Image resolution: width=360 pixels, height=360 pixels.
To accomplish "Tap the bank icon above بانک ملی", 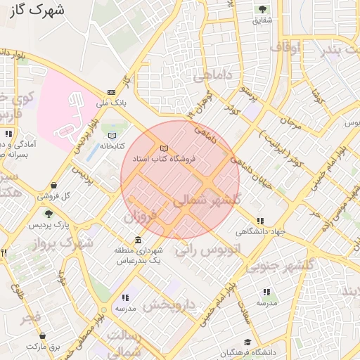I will click(x=112, y=92).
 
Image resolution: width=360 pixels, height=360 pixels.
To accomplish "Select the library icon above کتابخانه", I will click(x=112, y=135).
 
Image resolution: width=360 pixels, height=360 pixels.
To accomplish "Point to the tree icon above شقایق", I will click(x=262, y=9).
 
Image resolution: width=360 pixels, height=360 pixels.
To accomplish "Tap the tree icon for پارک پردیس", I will click(x=49, y=214).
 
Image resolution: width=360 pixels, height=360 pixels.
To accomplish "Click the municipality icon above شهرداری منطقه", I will click(x=137, y=240).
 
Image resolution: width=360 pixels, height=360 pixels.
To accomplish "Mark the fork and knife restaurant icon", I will click(x=4, y=252).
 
